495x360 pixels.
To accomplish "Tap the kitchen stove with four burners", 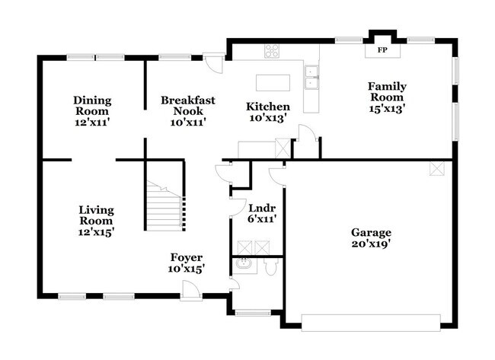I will [x=273, y=51].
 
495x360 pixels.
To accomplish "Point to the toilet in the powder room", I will [x=271, y=267].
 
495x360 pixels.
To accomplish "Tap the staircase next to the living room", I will [x=164, y=206].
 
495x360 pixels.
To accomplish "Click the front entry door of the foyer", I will [x=190, y=290].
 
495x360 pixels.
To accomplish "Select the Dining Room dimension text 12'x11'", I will [x=93, y=122].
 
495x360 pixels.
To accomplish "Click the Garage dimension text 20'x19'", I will [x=371, y=245].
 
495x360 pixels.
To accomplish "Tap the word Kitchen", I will [x=267, y=107].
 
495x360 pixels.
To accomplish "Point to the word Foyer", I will [x=186, y=257].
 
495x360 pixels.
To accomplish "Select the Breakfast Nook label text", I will [x=187, y=105].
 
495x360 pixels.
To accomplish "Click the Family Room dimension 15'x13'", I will [x=386, y=108].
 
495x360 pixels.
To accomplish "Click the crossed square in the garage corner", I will [x=436, y=168].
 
